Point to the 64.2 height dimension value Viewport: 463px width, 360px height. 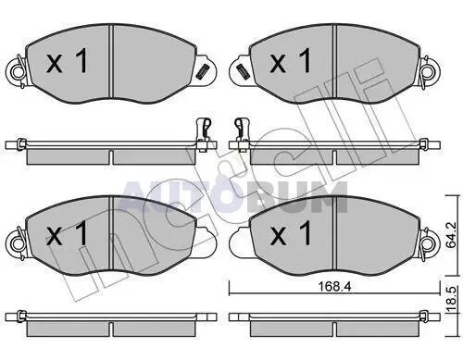(x=451, y=235)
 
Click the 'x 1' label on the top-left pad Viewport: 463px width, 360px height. (x=67, y=61)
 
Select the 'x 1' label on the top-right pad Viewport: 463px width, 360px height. (x=290, y=61)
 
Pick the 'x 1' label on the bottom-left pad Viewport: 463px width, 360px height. (x=67, y=233)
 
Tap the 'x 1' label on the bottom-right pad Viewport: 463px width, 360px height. (x=290, y=233)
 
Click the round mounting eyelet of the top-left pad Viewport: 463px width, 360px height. (x=17, y=72)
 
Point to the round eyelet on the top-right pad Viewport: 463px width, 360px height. (x=430, y=72)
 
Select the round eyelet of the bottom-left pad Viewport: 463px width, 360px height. (x=17, y=243)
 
